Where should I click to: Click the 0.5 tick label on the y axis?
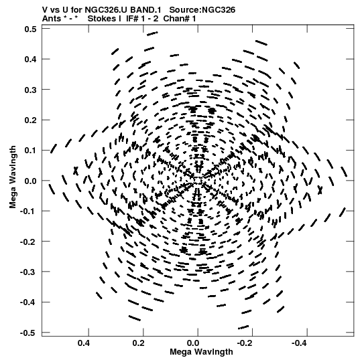pos(31,29)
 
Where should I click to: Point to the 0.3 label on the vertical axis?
pos(31,90)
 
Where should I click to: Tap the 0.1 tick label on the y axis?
pos(31,151)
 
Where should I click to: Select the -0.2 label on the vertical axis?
pos(28,242)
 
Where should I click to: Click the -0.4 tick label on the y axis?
pos(28,302)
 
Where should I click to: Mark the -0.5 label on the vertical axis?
pos(28,333)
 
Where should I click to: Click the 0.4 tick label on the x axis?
pos(84,343)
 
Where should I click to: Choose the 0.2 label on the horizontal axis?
pos(138,343)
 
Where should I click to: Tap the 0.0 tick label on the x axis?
pos(193,343)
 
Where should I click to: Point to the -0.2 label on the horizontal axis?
pos(245,343)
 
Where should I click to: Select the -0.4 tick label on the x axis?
pos(300,343)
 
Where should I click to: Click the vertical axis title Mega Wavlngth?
pos(13,177)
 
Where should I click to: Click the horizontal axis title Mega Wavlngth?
pos(201,352)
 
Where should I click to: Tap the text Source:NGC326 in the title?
pos(202,9)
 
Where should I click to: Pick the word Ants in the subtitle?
pos(52,19)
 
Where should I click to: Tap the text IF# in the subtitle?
pos(132,19)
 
